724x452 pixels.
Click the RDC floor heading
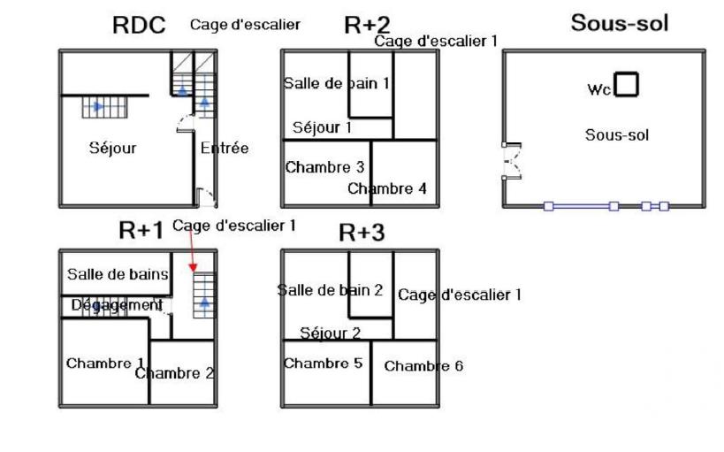coord(139,26)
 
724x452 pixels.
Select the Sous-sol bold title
coord(619,23)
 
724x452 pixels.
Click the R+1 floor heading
coord(141,231)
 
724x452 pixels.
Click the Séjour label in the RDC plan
coord(112,148)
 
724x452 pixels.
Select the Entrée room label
coord(224,148)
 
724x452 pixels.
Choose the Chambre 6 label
coord(423,365)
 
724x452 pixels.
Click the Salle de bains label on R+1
coord(118,274)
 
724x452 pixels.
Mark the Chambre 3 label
coord(324,167)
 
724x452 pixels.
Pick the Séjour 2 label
coord(330,333)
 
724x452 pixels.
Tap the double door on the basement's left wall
coord(509,161)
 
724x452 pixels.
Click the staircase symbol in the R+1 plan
coord(204,295)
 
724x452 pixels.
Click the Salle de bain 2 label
coord(330,289)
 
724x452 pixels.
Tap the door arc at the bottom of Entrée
coord(204,197)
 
